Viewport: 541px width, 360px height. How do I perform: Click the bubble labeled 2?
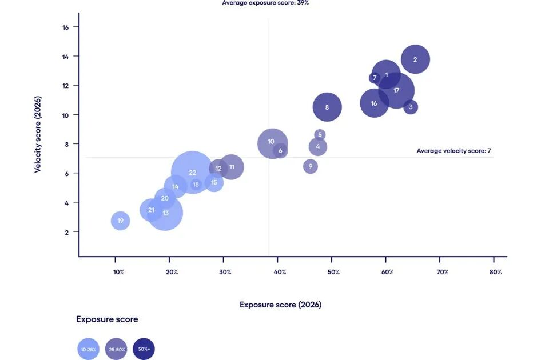pyautogui.click(x=415, y=59)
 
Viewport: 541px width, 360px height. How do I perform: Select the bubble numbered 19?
pyautogui.click(x=120, y=221)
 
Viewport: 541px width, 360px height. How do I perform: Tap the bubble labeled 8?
pyautogui.click(x=327, y=107)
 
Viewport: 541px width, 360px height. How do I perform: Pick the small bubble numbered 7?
pyautogui.click(x=375, y=78)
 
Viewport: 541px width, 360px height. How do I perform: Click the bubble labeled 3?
pyautogui.click(x=411, y=107)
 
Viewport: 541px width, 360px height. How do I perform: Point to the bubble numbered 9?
pyautogui.click(x=311, y=167)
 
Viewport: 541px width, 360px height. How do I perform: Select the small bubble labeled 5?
pyautogui.click(x=320, y=135)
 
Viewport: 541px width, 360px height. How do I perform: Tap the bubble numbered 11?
pyautogui.click(x=232, y=167)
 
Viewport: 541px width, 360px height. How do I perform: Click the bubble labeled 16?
pyautogui.click(x=374, y=103)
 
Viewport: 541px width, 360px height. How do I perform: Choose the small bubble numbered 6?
pyautogui.click(x=280, y=151)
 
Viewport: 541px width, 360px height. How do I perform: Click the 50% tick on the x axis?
pyautogui.click(x=333, y=272)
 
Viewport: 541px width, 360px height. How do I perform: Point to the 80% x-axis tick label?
pyautogui.click(x=495, y=272)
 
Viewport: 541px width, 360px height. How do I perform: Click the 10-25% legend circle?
pyautogui.click(x=89, y=349)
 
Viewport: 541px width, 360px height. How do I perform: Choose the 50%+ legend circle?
pyautogui.click(x=144, y=349)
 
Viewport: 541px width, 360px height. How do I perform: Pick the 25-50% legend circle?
pyautogui.click(x=116, y=349)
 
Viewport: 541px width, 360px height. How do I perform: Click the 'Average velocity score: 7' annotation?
pyautogui.click(x=454, y=151)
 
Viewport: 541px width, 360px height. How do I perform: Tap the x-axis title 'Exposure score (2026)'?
pyautogui.click(x=280, y=305)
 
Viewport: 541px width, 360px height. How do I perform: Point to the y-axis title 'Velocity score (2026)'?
pyautogui.click(x=38, y=134)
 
